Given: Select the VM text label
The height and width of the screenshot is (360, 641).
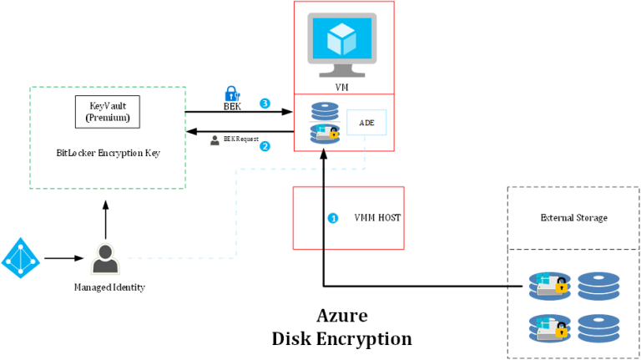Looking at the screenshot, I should click(x=343, y=85).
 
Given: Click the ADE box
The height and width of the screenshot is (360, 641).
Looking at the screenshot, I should click(x=366, y=123).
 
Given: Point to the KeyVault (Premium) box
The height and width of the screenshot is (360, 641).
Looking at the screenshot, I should click(x=108, y=111).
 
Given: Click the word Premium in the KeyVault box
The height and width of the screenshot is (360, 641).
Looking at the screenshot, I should click(x=108, y=118).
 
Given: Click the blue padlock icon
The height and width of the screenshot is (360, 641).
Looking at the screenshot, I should click(x=232, y=94).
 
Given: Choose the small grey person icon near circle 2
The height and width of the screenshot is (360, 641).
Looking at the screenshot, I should click(x=215, y=140).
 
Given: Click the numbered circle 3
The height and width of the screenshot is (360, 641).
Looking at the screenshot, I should click(x=265, y=104).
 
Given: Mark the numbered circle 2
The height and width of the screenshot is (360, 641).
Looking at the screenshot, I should click(x=265, y=146).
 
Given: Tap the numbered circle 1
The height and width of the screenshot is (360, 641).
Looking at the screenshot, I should click(x=333, y=218).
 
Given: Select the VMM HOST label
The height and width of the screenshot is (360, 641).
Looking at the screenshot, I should click(x=377, y=217).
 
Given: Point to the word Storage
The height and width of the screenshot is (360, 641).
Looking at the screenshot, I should click(x=593, y=218).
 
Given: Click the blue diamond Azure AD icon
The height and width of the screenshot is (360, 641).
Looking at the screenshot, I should click(x=20, y=258).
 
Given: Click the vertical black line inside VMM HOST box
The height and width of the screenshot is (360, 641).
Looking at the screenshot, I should click(x=323, y=218).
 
